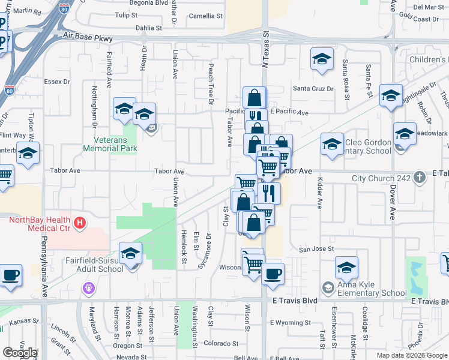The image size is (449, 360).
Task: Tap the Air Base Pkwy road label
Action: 88,38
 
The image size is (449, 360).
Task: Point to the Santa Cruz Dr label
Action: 313,89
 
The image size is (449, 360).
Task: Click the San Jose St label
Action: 316,249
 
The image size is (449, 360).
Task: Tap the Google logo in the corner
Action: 20,353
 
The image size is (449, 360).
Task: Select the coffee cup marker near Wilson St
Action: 273,274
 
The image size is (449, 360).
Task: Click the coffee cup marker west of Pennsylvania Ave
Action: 10,275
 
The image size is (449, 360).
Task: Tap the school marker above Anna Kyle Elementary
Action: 346,267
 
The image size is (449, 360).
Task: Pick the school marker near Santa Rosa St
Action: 322,59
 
